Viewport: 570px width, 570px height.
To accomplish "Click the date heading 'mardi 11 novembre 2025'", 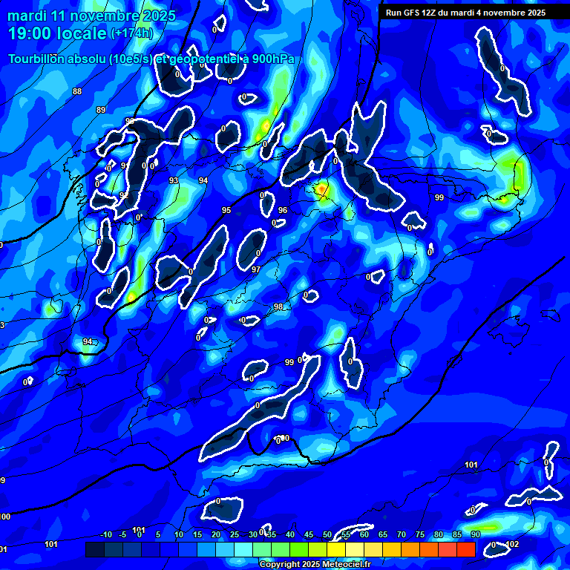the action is (91, 16).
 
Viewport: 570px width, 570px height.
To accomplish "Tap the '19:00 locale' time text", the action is (58, 33).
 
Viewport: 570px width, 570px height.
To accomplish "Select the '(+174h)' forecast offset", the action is (131, 33).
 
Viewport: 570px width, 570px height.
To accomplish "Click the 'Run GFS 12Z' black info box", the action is (465, 13).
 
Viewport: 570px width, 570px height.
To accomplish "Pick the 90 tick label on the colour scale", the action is (475, 534).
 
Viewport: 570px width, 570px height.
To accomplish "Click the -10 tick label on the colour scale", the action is (105, 534).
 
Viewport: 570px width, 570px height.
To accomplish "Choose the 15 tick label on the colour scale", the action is (197, 534).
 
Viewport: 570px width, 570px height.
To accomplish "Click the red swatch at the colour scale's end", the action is (465, 549).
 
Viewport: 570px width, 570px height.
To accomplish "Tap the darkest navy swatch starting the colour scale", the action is (94, 549).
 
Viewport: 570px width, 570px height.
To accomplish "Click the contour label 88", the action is (77, 91).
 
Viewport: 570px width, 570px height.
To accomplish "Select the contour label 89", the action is (101, 110).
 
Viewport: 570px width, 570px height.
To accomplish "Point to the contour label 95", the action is (226, 211).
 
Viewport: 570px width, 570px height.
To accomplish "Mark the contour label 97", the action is (256, 269).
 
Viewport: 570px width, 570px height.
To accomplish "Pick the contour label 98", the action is (278, 307).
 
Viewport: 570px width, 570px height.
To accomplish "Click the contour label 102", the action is (512, 544).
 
